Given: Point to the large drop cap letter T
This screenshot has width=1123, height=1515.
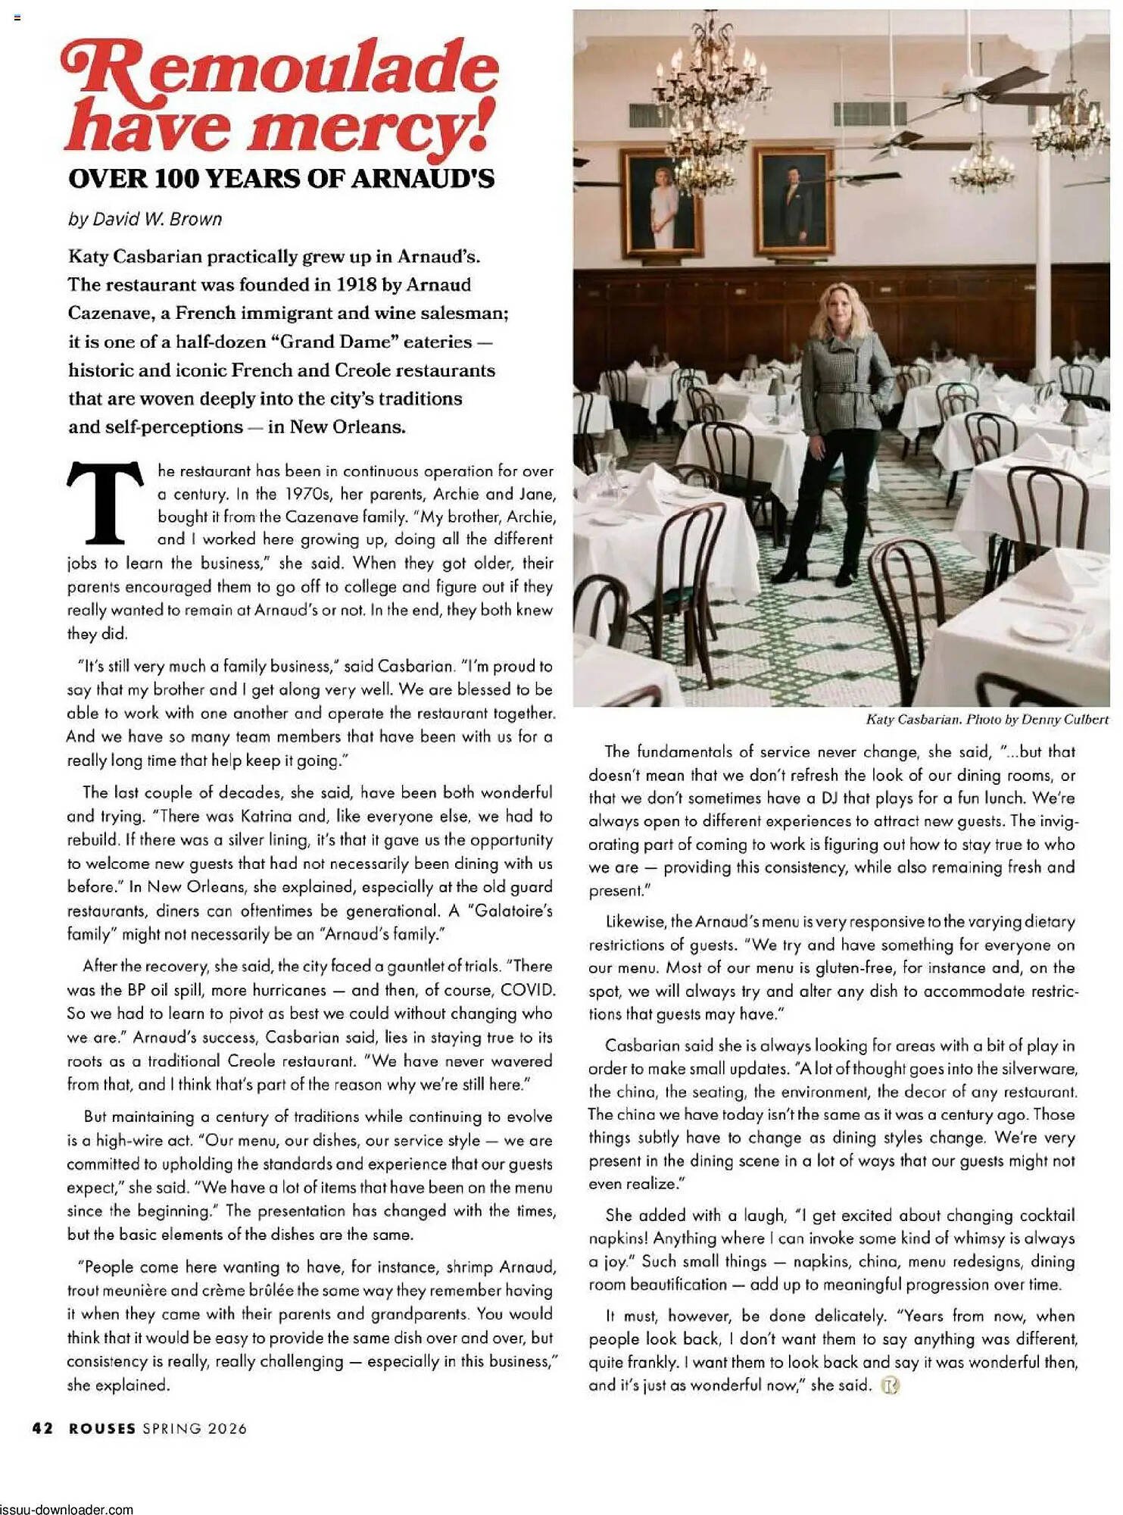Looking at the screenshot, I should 106,503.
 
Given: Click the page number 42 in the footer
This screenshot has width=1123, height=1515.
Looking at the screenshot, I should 42,1428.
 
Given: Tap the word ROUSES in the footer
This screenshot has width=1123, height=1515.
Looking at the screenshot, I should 102,1428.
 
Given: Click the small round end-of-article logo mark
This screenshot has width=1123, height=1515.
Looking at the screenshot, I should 890,1385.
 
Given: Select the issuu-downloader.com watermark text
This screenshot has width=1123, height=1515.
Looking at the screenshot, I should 67,1508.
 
